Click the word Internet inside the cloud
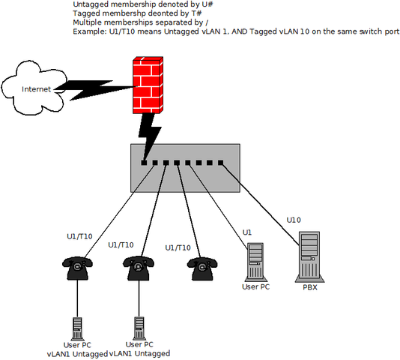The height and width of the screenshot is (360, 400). click(x=36, y=89)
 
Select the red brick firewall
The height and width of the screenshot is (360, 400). click(x=148, y=85)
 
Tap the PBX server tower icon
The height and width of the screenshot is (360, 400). click(x=309, y=256)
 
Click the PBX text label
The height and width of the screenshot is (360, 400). click(x=310, y=287)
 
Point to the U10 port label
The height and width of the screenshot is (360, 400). click(x=294, y=220)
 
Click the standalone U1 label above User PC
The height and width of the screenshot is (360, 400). click(x=247, y=232)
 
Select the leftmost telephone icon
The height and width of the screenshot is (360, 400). click(x=77, y=268)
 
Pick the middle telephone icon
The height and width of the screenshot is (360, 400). click(x=139, y=268)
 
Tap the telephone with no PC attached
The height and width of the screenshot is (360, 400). click(x=202, y=268)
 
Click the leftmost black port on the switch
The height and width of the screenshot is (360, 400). click(x=144, y=163)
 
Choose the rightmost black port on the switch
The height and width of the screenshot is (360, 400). click(x=221, y=163)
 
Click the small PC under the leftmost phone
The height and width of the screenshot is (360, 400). click(x=77, y=328)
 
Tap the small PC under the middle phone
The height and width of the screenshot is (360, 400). click(x=139, y=328)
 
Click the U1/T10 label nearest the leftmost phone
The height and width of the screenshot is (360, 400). click(x=79, y=236)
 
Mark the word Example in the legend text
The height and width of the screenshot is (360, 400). click(x=90, y=31)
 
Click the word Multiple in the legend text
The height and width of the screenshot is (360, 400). click(x=87, y=22)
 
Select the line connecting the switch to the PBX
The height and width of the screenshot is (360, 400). click(x=260, y=204)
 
